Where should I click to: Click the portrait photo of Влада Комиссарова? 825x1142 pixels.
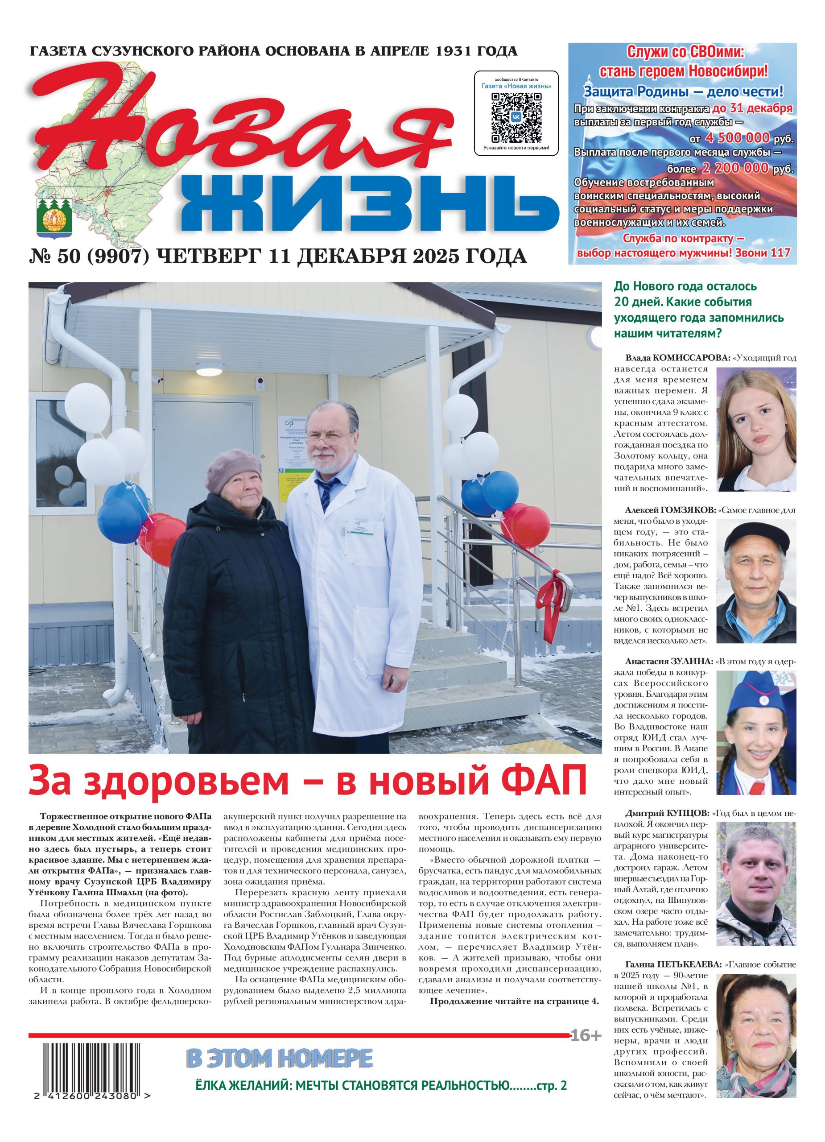coord(756,429)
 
